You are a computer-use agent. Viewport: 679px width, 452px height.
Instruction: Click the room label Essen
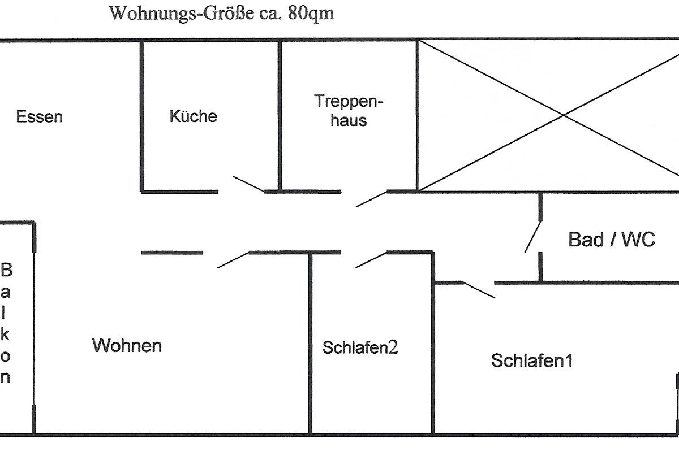click(39, 117)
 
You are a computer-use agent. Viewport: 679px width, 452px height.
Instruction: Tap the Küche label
click(193, 116)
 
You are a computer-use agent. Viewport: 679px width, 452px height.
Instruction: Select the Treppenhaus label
click(349, 111)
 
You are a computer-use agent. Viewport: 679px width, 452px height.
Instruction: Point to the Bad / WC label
click(612, 240)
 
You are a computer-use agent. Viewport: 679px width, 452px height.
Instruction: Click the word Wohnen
click(127, 345)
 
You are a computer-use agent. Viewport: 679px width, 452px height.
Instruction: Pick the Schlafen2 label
click(360, 347)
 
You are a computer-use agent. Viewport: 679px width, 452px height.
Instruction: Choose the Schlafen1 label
click(532, 360)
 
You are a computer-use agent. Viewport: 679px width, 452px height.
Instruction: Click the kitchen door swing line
click(249, 184)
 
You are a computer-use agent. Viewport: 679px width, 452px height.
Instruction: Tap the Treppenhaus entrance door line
click(371, 199)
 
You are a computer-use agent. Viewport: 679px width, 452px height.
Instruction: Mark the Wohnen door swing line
click(233, 259)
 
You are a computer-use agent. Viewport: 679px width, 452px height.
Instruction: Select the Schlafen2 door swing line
click(371, 259)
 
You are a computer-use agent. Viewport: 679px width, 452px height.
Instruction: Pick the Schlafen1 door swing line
click(479, 289)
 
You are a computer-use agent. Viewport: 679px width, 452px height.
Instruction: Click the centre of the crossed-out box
click(564, 115)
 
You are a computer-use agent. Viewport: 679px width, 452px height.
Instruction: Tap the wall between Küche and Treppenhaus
click(280, 116)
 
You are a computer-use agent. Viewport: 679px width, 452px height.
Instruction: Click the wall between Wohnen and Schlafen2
click(310, 345)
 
